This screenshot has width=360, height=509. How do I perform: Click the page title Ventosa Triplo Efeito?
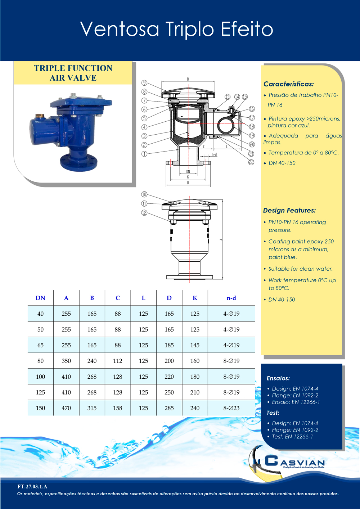click(x=176, y=29)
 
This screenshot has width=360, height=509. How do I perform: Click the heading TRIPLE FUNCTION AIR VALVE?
click(x=73, y=73)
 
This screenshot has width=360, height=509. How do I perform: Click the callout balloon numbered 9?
click(x=144, y=83)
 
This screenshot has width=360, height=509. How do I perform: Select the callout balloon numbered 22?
click(x=251, y=162)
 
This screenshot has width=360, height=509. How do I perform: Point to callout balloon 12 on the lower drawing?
click(x=144, y=213)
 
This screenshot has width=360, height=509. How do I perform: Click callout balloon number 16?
click(x=252, y=109)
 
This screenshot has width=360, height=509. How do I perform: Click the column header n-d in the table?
click(x=231, y=298)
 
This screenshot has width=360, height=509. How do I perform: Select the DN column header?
click(x=40, y=298)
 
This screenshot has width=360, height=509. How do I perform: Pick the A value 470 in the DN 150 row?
click(x=66, y=408)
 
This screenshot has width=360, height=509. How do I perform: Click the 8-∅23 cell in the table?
click(x=231, y=408)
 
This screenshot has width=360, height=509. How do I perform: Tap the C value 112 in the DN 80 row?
click(x=118, y=361)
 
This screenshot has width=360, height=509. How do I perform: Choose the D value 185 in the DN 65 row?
click(x=169, y=345)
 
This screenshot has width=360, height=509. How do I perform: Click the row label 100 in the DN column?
click(x=40, y=377)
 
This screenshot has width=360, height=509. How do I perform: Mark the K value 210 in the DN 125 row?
click(x=195, y=392)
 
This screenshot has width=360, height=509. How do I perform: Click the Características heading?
click(x=288, y=84)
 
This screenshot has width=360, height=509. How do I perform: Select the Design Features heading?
click(x=289, y=211)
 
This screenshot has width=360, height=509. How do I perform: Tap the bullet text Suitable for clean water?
click(x=300, y=269)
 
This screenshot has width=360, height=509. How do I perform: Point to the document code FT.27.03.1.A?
click(x=32, y=487)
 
